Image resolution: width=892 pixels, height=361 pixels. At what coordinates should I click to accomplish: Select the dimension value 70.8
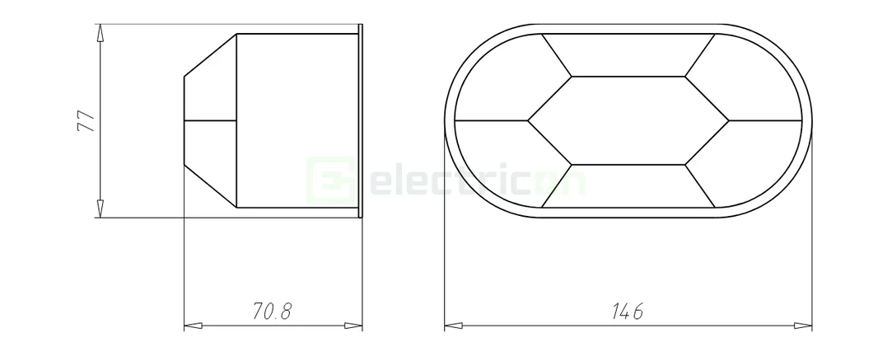click(x=273, y=312)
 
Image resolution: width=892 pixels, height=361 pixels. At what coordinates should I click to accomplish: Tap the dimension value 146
click(x=628, y=312)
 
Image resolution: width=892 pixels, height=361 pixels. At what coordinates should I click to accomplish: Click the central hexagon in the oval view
click(x=628, y=120)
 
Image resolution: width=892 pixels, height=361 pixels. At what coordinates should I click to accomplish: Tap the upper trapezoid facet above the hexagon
click(x=628, y=55)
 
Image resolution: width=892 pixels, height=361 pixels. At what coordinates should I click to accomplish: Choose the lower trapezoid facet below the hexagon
click(x=628, y=186)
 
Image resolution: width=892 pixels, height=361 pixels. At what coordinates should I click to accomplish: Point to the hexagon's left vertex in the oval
click(x=528, y=120)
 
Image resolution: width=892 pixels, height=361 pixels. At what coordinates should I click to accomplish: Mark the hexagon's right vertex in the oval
click(x=728, y=120)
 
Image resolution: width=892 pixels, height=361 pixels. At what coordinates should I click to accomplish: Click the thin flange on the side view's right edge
click(x=361, y=121)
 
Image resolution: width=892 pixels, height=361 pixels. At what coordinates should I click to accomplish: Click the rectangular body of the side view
click(x=297, y=121)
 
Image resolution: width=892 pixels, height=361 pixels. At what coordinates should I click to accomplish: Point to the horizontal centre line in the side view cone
click(x=210, y=121)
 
